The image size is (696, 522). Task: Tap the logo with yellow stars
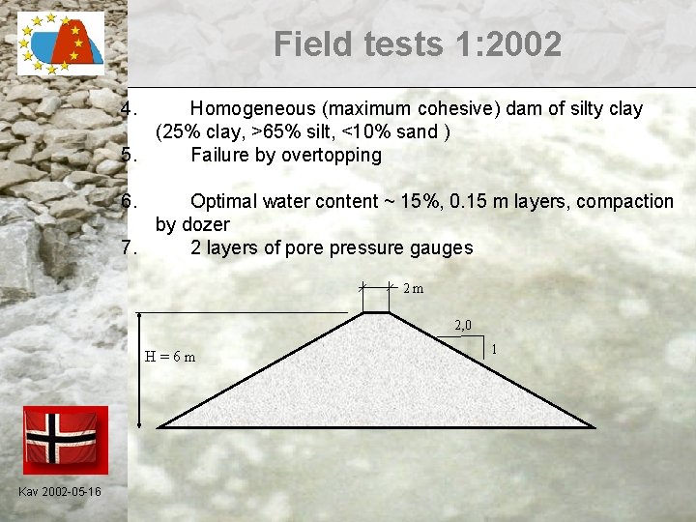61,44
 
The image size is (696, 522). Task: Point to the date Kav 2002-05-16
59,493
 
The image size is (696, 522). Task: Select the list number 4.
132,108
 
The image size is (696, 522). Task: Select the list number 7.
132,247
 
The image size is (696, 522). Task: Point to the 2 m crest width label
413,288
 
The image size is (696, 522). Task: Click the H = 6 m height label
170,357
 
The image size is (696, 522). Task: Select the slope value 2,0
464,326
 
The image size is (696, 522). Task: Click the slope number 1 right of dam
495,348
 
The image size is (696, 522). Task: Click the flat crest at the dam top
376,313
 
